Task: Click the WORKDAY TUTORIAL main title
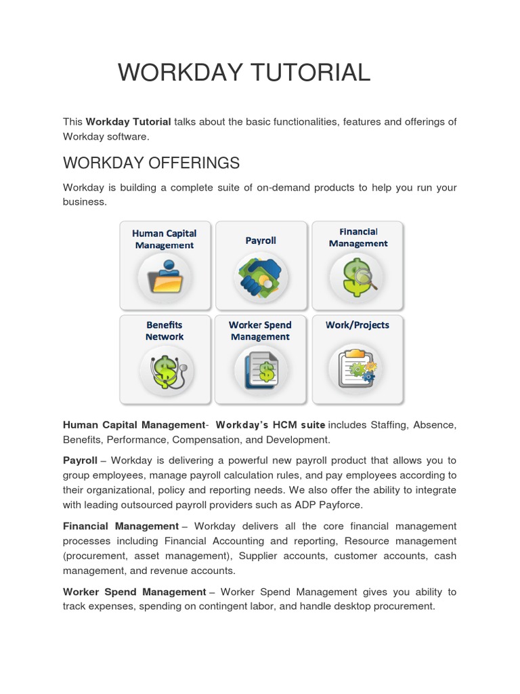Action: click(244, 73)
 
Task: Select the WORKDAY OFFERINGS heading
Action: click(151, 163)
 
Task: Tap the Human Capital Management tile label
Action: click(165, 239)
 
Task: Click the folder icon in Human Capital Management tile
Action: click(165, 277)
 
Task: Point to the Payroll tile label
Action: click(261, 240)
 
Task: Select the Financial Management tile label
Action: click(358, 237)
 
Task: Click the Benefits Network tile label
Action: click(165, 331)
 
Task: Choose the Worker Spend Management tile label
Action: click(261, 331)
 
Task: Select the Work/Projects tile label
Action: click(357, 325)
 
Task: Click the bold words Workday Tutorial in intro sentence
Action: click(128, 122)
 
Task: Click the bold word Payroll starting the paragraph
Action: click(80, 460)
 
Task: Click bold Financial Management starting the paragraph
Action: click(121, 526)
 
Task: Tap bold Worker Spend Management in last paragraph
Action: click(134, 592)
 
